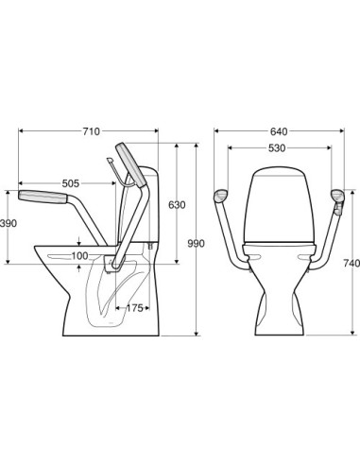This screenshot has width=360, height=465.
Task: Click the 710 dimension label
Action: click(x=91, y=131)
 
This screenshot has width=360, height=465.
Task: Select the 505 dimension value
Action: click(x=70, y=183)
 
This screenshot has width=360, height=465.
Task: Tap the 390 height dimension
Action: click(x=9, y=223)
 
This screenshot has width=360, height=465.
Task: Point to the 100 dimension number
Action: click(x=80, y=256)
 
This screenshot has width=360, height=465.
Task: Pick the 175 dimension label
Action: click(x=134, y=308)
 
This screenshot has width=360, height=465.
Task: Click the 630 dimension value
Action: click(x=177, y=205)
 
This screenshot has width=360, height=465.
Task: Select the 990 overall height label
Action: click(x=196, y=244)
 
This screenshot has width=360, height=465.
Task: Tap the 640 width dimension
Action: click(x=279, y=131)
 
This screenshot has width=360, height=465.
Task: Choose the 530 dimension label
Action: click(x=277, y=147)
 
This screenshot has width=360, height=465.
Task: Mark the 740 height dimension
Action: click(x=351, y=263)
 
